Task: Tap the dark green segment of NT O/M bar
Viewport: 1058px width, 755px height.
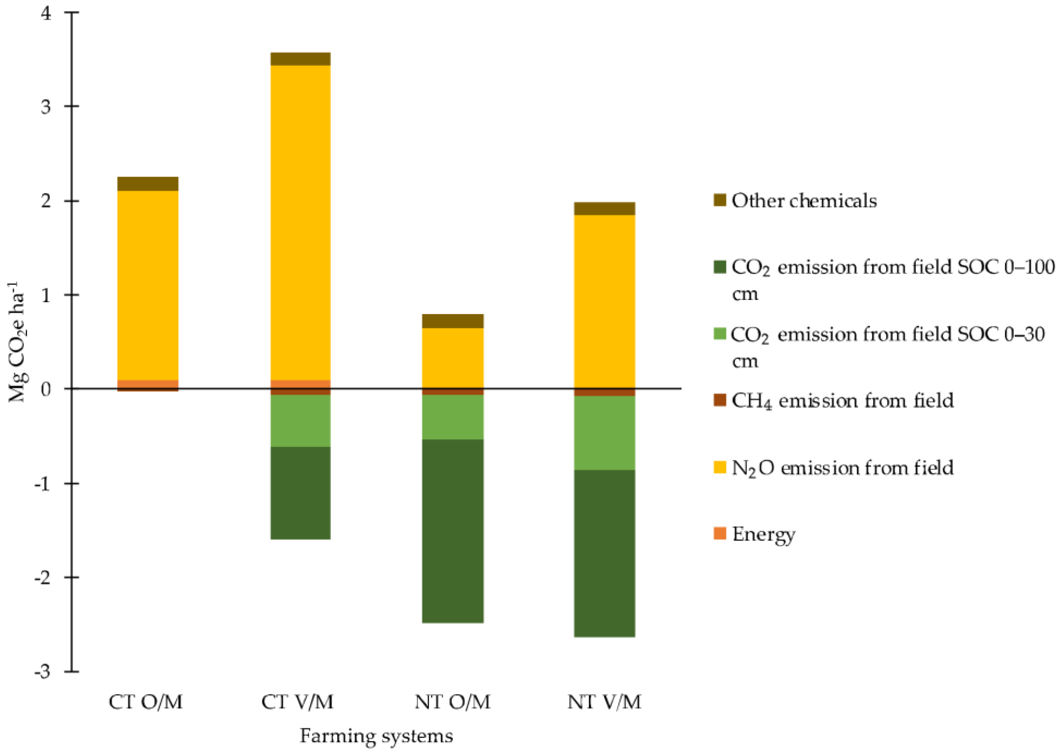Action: click(x=452, y=531)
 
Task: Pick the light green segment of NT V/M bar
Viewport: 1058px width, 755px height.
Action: click(x=604, y=432)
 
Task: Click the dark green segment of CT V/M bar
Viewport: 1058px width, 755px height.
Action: click(x=300, y=493)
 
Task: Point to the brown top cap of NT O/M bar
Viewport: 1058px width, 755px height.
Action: click(x=452, y=321)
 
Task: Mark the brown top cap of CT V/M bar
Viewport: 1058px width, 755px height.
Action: click(x=300, y=59)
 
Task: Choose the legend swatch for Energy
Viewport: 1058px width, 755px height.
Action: click(x=719, y=533)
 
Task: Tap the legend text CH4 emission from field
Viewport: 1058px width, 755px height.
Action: click(x=842, y=401)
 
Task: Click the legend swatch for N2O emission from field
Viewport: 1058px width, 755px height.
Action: click(x=719, y=467)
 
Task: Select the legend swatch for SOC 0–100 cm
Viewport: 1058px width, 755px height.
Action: click(x=719, y=267)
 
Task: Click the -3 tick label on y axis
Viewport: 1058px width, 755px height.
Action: click(x=42, y=672)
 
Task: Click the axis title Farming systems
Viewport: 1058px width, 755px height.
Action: click(x=376, y=736)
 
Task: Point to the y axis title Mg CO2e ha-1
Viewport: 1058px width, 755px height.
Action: click(x=18, y=342)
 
